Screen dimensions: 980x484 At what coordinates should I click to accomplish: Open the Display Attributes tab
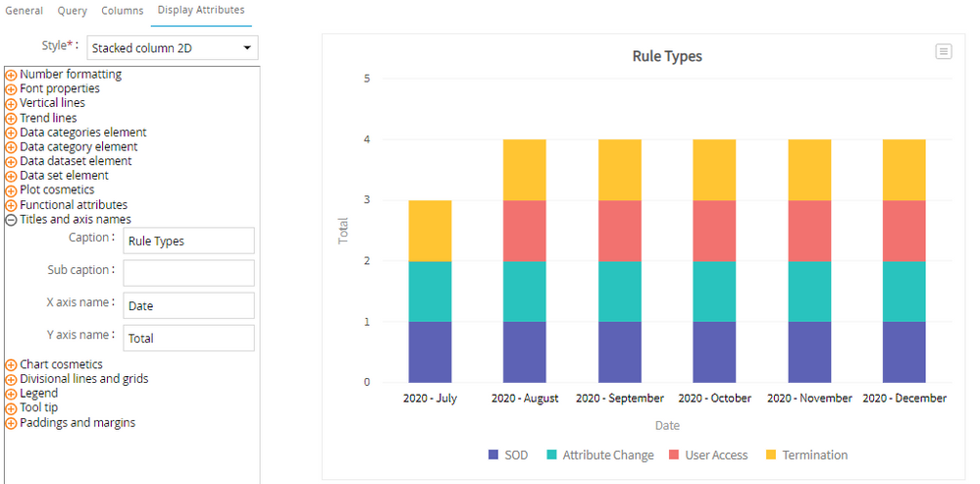tap(201, 10)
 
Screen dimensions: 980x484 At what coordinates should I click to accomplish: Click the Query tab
tap(72, 11)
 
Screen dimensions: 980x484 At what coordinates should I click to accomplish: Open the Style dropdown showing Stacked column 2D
tap(172, 47)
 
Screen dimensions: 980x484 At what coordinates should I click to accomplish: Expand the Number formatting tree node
tap(11, 75)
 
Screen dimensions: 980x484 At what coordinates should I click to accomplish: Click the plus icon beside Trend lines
tap(11, 118)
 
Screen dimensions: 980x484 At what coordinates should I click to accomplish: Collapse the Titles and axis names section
tap(11, 220)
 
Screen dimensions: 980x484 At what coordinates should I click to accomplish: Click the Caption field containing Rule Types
tap(188, 241)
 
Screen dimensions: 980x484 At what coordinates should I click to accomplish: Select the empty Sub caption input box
tap(188, 273)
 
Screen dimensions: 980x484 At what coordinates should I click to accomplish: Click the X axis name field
tap(188, 305)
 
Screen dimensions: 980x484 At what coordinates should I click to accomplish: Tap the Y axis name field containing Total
tap(188, 339)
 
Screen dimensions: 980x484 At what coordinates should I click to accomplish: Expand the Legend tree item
tap(11, 394)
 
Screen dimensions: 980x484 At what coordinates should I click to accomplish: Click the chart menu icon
tap(943, 52)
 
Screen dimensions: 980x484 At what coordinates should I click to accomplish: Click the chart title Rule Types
tap(667, 56)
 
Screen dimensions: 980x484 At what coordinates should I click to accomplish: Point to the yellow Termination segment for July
tap(430, 231)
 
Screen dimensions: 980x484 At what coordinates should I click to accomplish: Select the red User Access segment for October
tap(714, 231)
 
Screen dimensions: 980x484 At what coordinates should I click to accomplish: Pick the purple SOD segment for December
tap(904, 352)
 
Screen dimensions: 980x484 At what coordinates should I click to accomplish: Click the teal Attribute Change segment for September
tap(620, 292)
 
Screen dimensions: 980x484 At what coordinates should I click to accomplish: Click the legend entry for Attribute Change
tap(600, 456)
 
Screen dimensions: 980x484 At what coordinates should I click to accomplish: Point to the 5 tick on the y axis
tap(367, 79)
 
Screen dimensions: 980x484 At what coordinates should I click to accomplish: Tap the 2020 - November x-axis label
tap(809, 399)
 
